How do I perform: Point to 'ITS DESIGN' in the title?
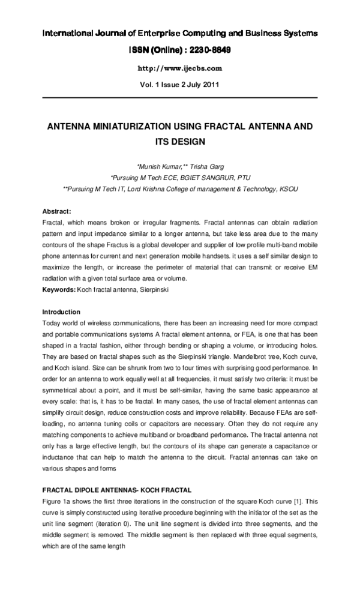coord(180,142)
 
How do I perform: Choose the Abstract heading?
coord(57,211)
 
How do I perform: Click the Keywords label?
coord(58,290)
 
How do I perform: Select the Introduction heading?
coord(61,312)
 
